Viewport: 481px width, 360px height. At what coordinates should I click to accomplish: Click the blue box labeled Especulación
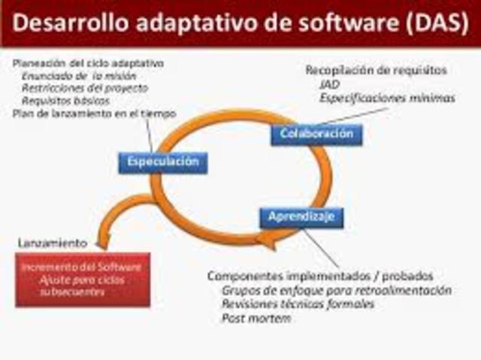click(162, 162)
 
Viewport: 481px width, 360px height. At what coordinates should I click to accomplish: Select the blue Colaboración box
click(316, 134)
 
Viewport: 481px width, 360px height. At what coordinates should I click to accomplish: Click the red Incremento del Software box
click(83, 280)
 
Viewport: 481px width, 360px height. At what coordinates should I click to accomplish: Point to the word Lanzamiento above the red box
click(52, 244)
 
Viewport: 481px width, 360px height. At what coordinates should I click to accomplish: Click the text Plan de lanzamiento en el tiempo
click(95, 113)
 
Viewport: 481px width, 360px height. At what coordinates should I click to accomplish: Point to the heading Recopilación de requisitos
click(376, 70)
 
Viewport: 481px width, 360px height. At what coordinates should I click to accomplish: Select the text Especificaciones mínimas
click(386, 97)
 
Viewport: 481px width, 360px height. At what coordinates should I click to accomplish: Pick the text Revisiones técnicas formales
click(298, 304)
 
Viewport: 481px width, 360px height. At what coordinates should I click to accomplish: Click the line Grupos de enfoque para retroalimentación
click(336, 289)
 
